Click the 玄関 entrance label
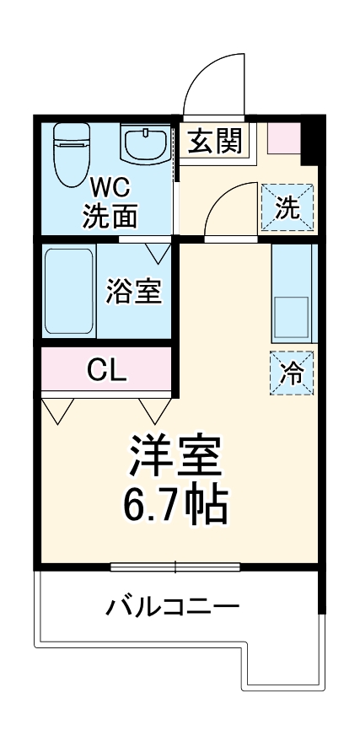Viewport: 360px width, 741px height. tap(214, 142)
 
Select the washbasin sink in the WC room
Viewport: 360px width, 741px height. tap(145, 145)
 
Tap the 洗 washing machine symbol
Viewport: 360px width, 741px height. tap(287, 207)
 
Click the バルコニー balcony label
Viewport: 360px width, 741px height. tap(173, 606)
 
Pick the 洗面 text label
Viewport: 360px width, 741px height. tap(109, 217)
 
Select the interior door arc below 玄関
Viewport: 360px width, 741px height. tap(228, 211)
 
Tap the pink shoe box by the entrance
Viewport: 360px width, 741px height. tap(283, 138)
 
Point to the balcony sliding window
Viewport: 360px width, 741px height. tap(175, 566)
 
